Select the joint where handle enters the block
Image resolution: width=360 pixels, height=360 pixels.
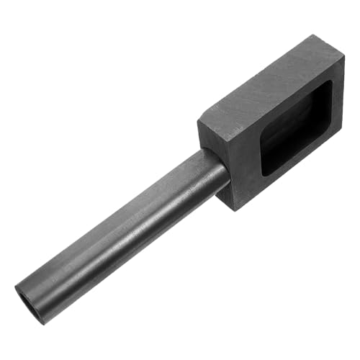(x=216, y=169)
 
